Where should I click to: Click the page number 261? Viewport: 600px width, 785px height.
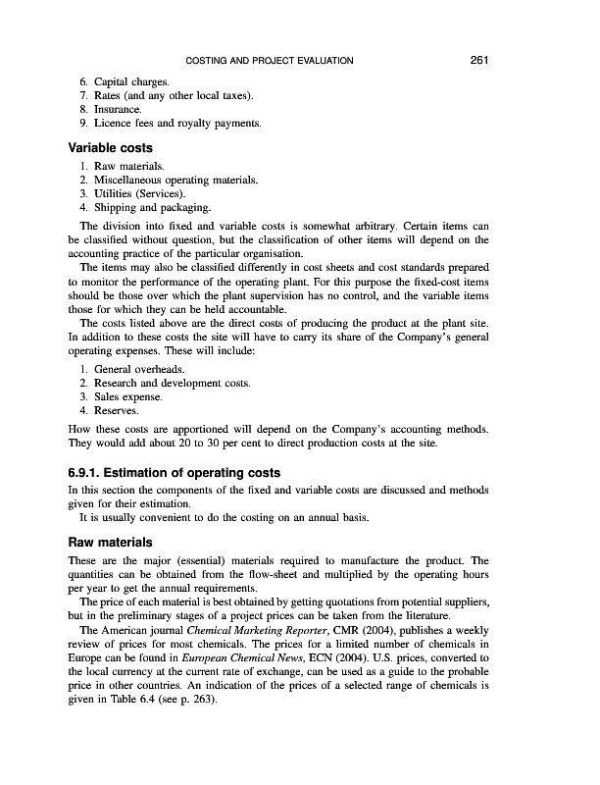[478, 61]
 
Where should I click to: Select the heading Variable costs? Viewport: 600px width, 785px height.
[108, 147]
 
